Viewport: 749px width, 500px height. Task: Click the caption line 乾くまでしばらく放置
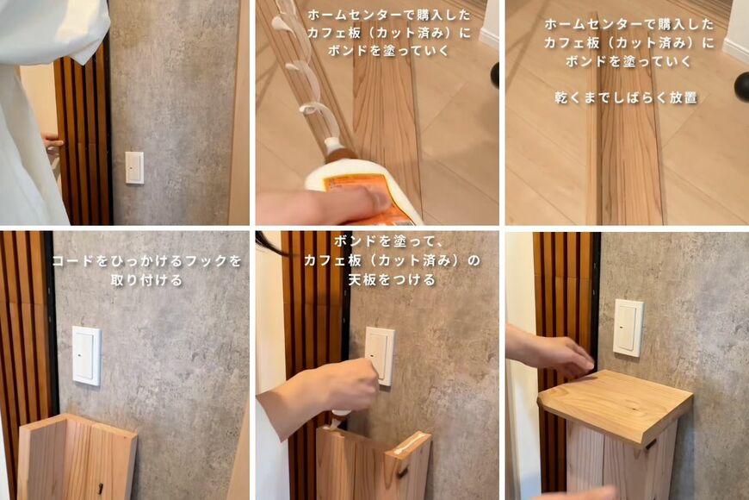626,97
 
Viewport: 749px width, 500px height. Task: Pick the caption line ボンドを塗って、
378,240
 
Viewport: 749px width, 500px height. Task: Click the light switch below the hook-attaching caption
86,354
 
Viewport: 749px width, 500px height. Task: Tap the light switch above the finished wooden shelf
628,327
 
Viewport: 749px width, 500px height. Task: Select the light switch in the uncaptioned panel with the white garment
134,167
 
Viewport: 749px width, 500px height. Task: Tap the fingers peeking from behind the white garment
53,143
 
